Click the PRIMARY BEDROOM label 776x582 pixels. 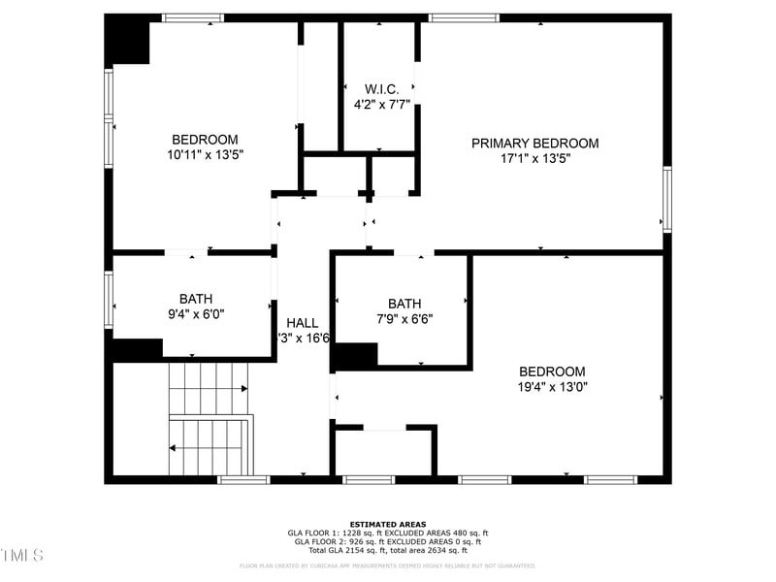tap(534, 144)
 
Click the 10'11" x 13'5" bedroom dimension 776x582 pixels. tap(205, 154)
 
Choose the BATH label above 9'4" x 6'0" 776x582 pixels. tap(195, 299)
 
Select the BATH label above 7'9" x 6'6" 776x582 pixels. tap(404, 303)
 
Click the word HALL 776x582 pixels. tap(302, 323)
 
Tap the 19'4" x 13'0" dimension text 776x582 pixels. tap(552, 386)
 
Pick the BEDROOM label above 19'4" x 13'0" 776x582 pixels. tap(552, 372)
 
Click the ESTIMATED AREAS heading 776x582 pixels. tap(388, 524)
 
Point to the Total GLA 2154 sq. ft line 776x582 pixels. tap(388, 550)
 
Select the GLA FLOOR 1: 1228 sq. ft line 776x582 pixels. tap(388, 533)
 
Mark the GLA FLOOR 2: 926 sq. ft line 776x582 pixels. tap(388, 541)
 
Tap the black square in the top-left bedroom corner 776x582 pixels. tap(127, 41)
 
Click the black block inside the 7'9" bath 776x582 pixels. tap(355, 356)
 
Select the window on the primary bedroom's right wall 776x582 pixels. tap(666, 198)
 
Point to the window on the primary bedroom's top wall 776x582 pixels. tap(464, 17)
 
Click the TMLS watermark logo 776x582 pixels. tap(21, 555)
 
